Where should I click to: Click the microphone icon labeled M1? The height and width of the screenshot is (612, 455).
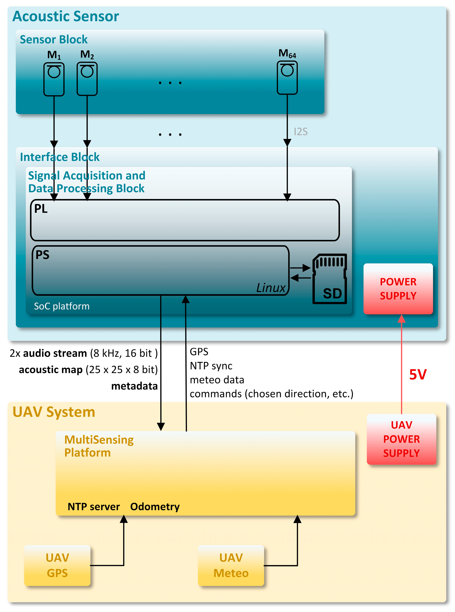[54, 79]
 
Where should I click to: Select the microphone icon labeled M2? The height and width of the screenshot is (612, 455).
[87, 79]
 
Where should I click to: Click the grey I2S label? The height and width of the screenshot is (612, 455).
[301, 132]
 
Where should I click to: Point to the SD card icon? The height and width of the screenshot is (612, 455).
[330, 279]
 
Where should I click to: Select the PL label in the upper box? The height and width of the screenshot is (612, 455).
[41, 209]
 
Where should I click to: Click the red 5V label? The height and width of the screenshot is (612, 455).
[418, 375]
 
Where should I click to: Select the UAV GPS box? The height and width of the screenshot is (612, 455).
[57, 566]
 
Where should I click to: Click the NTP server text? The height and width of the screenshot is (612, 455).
[94, 507]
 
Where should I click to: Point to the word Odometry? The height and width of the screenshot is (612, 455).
[155, 507]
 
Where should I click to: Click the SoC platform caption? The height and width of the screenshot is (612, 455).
[62, 306]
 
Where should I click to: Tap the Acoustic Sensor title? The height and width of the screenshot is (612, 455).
[66, 16]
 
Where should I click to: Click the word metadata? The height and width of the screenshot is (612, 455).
[134, 386]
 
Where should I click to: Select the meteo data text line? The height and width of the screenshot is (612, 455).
[217, 380]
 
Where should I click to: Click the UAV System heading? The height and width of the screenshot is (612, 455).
[54, 412]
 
